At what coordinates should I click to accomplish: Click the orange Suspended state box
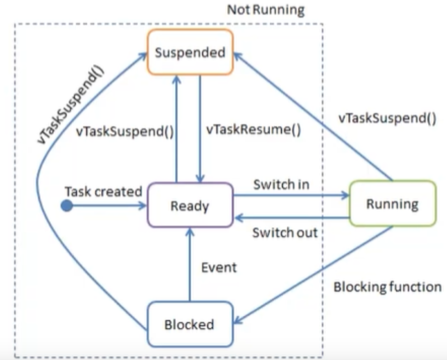[x=190, y=53]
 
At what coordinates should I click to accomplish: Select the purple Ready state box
[x=190, y=206]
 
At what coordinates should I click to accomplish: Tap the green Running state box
[x=392, y=204]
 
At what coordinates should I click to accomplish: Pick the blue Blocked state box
[x=189, y=324]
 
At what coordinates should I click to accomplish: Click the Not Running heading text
[x=265, y=10]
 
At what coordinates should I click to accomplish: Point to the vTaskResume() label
[x=245, y=131]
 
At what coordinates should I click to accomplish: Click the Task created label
[x=103, y=191]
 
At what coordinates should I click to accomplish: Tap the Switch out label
[x=285, y=232]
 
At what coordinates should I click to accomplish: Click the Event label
[x=219, y=268]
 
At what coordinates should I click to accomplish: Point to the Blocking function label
[x=387, y=287]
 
